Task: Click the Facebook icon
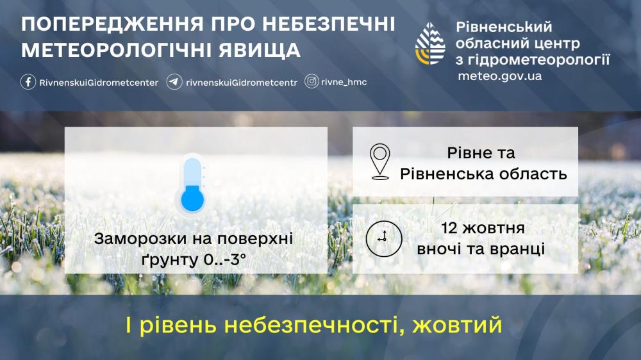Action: [28, 82]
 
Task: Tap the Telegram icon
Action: [174, 82]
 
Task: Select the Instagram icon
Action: [312, 82]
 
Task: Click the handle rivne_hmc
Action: [344, 82]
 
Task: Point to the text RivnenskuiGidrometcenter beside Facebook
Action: [99, 83]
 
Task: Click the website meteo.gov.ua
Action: [499, 76]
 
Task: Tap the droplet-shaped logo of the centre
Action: [430, 44]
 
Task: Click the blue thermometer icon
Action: [192, 184]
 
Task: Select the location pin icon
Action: [379, 161]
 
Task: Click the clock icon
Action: [384, 239]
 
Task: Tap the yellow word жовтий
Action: [457, 325]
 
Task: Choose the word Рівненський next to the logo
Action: [504, 27]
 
